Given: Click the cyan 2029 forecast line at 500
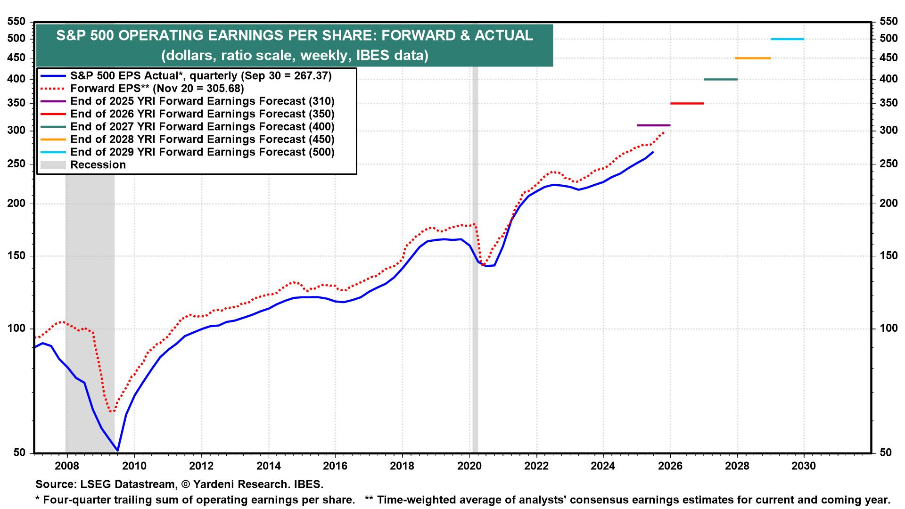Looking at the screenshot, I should tap(787, 39).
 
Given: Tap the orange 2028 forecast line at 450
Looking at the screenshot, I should tap(753, 58).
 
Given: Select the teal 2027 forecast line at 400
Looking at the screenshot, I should tap(720, 79).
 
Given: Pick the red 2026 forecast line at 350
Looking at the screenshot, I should tap(687, 103).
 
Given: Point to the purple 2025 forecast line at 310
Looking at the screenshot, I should tap(653, 125).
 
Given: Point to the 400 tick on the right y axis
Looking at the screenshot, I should tap(888, 79).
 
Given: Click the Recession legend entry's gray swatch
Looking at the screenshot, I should tap(53, 165).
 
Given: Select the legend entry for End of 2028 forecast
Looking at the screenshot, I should tap(202, 140).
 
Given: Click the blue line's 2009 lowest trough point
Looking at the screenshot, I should tap(117, 451).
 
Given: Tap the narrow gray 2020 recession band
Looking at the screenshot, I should tap(475, 330).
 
